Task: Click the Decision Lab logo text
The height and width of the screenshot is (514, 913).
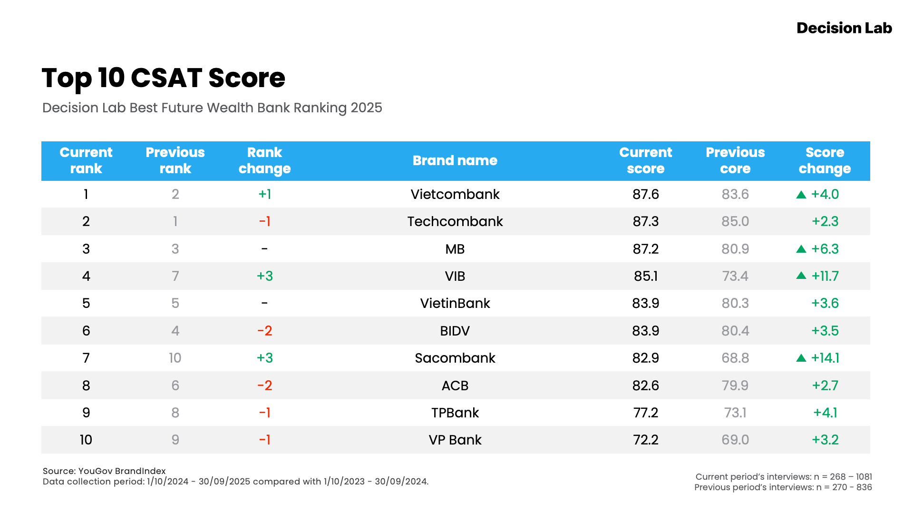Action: click(x=844, y=28)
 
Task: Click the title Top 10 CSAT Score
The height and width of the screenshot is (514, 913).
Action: click(x=163, y=78)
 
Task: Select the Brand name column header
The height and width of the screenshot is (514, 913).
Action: click(x=455, y=161)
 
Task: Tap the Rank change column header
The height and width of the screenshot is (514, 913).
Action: click(x=264, y=161)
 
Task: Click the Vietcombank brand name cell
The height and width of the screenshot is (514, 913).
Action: click(x=455, y=194)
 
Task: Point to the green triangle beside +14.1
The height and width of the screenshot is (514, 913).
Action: click(x=801, y=358)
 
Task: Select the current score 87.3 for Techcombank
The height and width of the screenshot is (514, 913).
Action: click(x=645, y=221)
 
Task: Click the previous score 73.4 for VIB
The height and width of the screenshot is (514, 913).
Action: click(x=735, y=276)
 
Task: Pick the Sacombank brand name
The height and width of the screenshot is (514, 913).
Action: click(x=455, y=358)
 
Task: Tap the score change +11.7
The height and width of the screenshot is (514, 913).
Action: click(x=825, y=276)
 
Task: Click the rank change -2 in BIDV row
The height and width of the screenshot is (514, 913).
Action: click(x=264, y=331)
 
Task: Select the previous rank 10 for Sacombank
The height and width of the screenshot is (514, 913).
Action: click(x=175, y=358)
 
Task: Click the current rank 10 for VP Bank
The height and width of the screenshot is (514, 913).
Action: click(x=86, y=440)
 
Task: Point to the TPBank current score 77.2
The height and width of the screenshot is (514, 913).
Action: click(x=645, y=413)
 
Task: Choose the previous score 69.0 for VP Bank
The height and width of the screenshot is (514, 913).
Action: click(x=735, y=440)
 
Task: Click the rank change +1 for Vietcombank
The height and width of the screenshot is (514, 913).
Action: click(x=264, y=194)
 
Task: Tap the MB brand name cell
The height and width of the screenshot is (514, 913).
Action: click(x=455, y=249)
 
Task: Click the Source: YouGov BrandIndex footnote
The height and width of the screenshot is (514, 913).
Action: click(x=104, y=471)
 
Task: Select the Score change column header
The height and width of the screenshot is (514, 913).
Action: click(x=825, y=161)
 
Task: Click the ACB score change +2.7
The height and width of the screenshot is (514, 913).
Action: click(x=825, y=385)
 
